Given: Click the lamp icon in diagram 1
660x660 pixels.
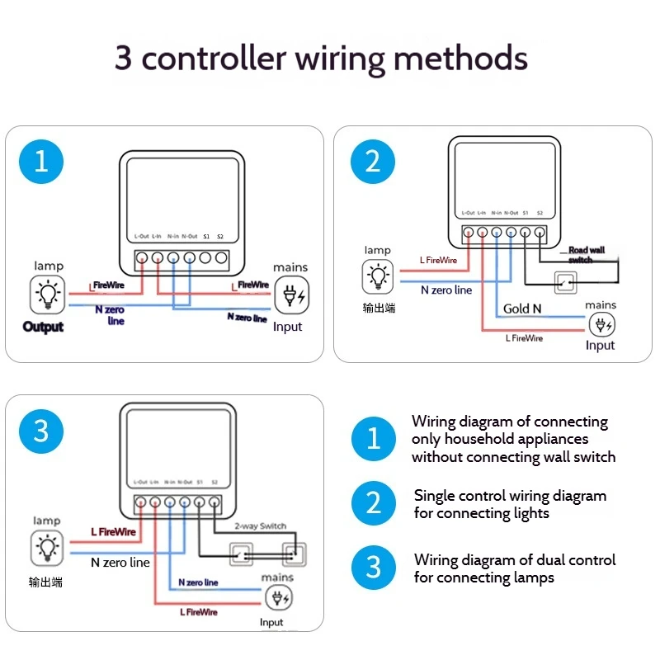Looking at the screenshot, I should [x=48, y=293].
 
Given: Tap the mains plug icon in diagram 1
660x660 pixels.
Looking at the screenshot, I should [x=290, y=295].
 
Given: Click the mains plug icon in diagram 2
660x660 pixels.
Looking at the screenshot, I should [x=601, y=324].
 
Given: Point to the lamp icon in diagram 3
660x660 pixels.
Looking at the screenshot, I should [x=47, y=548].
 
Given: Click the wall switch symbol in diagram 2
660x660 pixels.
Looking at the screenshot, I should [x=566, y=282].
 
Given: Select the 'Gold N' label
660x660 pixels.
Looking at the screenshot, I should [x=522, y=309].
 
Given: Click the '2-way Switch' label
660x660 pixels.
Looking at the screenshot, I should [x=261, y=526].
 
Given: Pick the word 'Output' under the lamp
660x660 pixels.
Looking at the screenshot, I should [x=44, y=327].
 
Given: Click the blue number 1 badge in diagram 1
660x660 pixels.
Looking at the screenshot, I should [x=41, y=161].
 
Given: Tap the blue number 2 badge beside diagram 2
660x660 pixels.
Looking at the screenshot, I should [x=373, y=161].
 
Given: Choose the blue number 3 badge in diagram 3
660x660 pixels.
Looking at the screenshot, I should [x=41, y=431].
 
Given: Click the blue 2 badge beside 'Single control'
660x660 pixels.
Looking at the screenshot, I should [x=374, y=503].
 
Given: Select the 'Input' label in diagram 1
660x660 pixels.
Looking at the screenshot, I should [x=287, y=327].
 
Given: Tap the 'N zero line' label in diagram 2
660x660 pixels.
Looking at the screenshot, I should [x=446, y=290].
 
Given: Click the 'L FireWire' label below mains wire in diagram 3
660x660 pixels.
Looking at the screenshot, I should [x=199, y=612].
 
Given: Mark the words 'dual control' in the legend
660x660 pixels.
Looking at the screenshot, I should [x=569, y=560].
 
